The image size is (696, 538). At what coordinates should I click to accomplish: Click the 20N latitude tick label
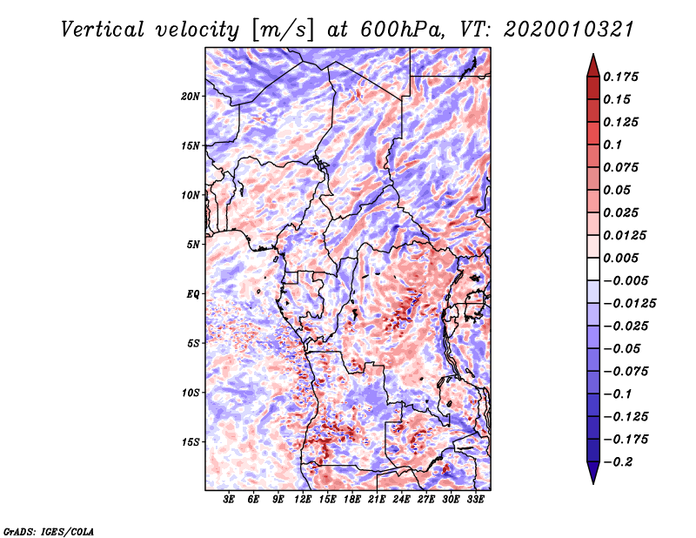tap(191, 96)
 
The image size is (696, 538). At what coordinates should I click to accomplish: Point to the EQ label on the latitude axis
tap(193, 293)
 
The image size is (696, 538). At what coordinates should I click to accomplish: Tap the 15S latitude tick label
tap(191, 442)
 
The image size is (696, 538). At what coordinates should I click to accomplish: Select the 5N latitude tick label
tap(193, 245)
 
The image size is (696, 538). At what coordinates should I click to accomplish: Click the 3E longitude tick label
tap(229, 499)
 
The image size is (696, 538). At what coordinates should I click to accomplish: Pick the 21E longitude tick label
tap(377, 499)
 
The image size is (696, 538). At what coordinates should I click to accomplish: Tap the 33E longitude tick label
tap(475, 499)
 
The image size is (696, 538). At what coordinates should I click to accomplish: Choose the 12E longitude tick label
tap(303, 499)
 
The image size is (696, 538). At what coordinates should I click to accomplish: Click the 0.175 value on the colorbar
tap(620, 77)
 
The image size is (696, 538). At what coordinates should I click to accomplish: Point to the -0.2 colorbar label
tap(619, 462)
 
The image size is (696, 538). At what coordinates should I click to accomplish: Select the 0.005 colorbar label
tap(620, 258)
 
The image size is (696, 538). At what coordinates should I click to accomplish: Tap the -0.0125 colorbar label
tap(629, 304)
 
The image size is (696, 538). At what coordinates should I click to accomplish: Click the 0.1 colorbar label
tap(612, 145)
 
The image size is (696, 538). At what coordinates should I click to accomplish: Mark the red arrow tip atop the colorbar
tap(593, 54)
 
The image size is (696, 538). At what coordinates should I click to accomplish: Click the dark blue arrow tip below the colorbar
tap(593, 483)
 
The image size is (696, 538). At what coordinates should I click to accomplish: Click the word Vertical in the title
tap(103, 30)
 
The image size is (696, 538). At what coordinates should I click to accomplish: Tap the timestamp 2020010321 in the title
tap(569, 30)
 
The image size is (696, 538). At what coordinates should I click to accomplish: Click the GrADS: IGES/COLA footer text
tap(48, 531)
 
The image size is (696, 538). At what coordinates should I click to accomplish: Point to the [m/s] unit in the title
tap(282, 30)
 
